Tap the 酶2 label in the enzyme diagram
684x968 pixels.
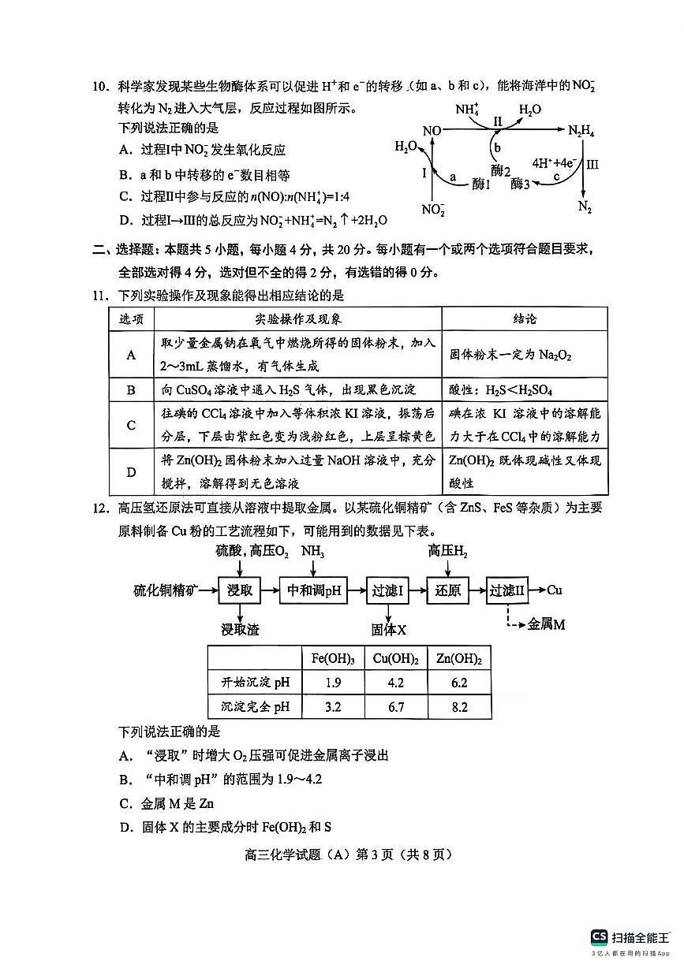tap(501, 170)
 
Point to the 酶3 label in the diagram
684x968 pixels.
tap(521, 184)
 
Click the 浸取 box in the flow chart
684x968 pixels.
tap(240, 590)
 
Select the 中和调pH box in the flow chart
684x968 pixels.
tap(313, 590)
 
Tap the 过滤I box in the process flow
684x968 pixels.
tap(388, 590)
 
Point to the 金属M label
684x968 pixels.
tap(547, 624)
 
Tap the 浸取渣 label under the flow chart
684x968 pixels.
tap(240, 629)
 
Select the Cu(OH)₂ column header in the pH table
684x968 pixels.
tap(395, 658)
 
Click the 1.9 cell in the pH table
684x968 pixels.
tap(332, 683)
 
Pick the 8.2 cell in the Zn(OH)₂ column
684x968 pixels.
tap(458, 706)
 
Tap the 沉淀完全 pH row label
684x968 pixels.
tap(250, 706)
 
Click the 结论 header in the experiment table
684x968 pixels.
tap(525, 318)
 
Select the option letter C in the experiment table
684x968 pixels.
tap(132, 425)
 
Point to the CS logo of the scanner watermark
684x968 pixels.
tap(599, 936)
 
